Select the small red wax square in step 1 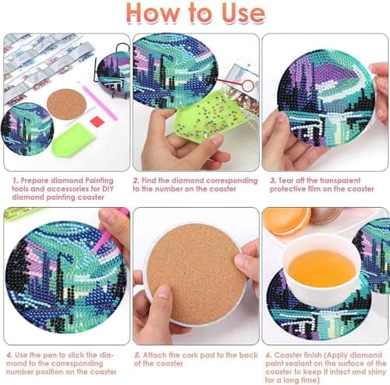coord(96,121)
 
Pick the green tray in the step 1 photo coord(73,141)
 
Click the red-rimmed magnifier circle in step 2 coord(248,81)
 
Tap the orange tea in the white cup coord(321,266)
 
